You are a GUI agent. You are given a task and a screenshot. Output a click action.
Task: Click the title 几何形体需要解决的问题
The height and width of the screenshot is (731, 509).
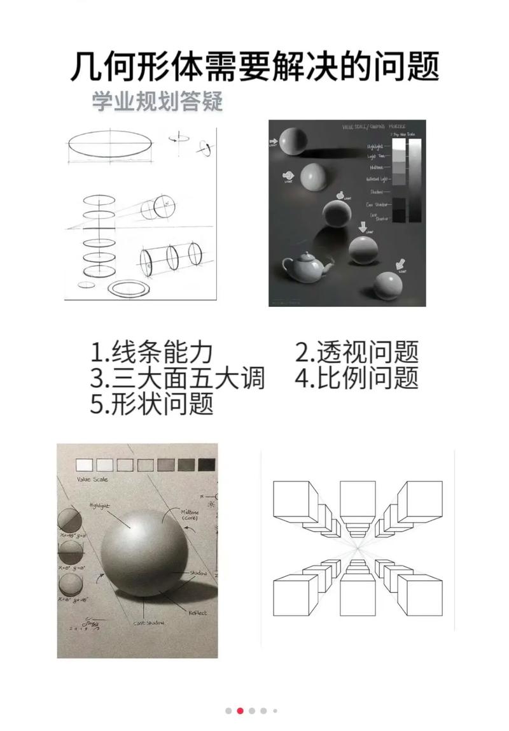(254, 67)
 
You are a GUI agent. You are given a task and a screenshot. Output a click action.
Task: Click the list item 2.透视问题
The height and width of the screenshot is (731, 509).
(357, 352)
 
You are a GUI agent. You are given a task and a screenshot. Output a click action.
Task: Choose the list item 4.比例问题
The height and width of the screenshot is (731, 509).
(357, 378)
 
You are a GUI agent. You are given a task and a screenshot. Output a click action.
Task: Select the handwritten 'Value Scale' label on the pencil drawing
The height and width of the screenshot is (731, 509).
(92, 479)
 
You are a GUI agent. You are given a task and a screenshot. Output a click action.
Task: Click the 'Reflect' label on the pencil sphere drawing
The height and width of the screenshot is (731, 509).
(197, 613)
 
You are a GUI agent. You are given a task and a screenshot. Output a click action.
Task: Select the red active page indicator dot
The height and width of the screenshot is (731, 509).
(241, 711)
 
